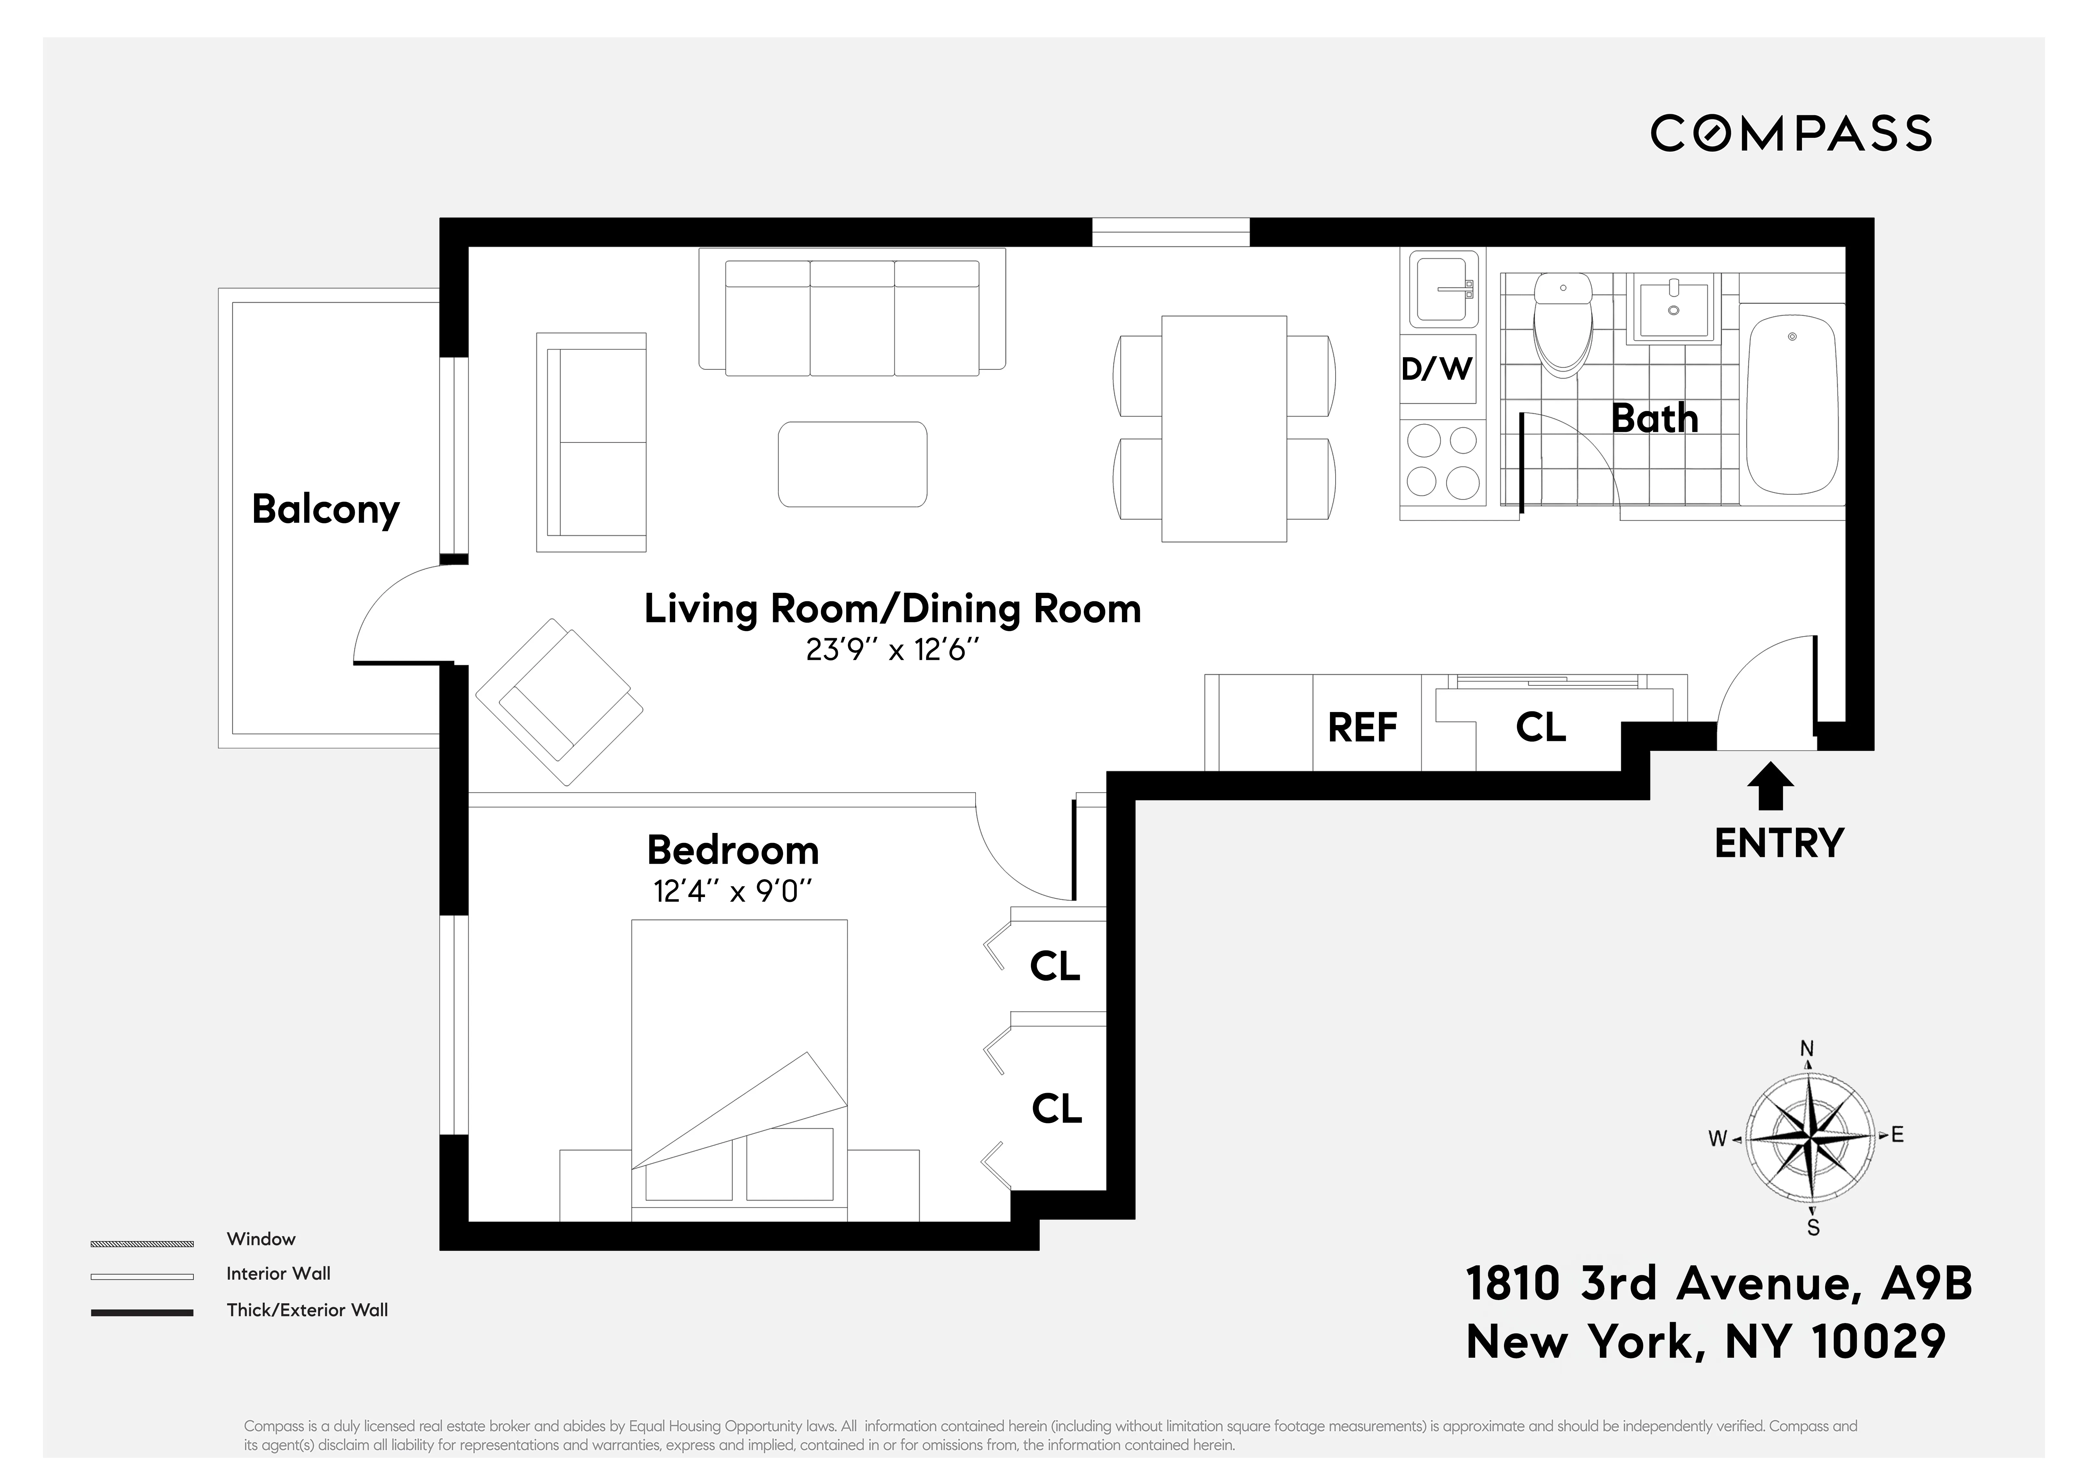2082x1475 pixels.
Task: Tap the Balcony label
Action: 325,510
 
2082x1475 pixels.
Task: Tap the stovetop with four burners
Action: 1442,463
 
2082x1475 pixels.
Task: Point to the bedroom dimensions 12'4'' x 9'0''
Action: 732,892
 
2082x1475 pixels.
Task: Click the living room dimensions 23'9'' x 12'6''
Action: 893,650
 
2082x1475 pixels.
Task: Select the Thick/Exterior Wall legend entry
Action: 307,1310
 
